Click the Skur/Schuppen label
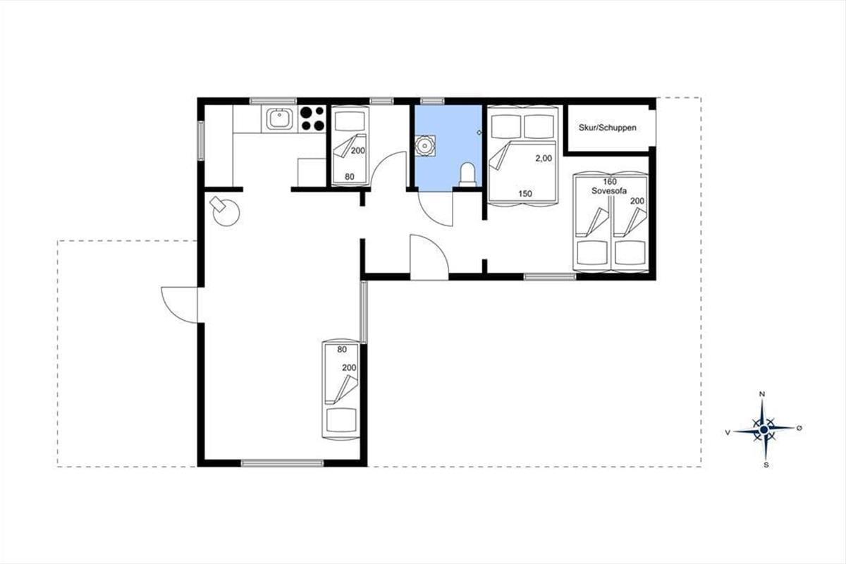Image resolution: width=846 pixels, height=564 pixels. (607, 128)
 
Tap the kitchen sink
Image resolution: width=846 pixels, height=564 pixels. (279, 118)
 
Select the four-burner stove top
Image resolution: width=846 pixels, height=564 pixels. (312, 118)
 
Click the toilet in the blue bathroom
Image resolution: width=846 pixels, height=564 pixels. (467, 175)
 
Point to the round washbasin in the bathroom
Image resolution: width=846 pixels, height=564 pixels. (425, 145)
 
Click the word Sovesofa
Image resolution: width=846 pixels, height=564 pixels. (609, 191)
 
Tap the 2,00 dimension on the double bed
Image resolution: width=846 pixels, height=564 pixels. (544, 159)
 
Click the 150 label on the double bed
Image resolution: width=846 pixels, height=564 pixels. (525, 194)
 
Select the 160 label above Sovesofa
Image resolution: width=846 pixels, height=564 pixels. (610, 182)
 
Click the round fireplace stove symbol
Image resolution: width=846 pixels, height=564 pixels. (226, 212)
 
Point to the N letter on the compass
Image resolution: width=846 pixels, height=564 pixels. (762, 394)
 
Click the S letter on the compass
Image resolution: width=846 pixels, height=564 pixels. (766, 465)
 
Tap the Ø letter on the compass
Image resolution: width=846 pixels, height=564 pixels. (799, 428)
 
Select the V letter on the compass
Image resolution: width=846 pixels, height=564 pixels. (728, 433)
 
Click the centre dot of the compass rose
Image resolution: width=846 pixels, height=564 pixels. (764, 430)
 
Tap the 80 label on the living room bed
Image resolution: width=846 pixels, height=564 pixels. (342, 350)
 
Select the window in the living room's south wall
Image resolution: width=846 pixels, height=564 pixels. (282, 463)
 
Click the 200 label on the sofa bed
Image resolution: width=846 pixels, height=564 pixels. (637, 201)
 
